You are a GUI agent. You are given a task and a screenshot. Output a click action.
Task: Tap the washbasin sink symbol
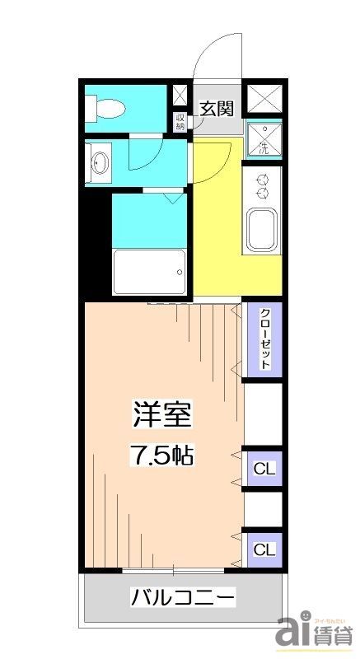coord(101,161)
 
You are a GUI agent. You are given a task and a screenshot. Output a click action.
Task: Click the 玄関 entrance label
coord(218,108)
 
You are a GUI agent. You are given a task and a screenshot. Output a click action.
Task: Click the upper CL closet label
coord(264,470)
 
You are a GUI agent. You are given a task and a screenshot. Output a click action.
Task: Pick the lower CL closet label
coord(264,549)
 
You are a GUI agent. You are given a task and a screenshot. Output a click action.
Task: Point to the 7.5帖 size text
coord(162,456)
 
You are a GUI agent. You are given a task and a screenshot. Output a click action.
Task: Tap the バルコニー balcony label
coord(183,597)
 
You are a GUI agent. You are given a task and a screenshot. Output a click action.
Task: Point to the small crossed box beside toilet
coord(180,96)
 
